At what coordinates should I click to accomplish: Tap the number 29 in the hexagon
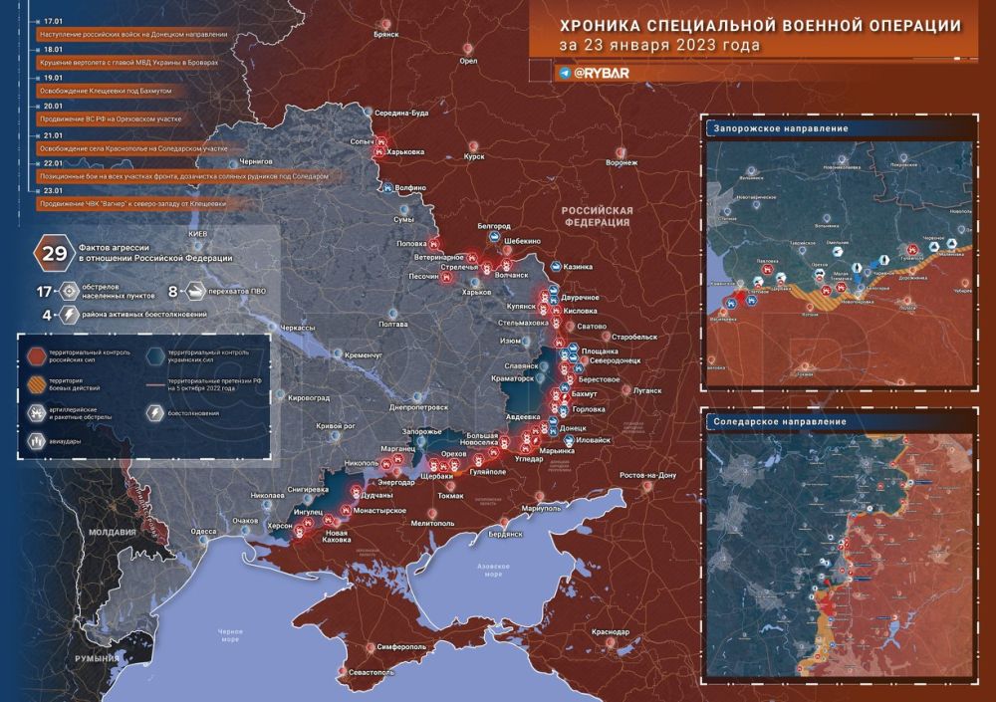(x=48, y=253)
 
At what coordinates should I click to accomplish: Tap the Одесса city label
(x=204, y=532)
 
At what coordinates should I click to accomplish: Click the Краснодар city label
(x=610, y=632)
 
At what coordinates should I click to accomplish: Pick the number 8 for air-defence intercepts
(x=172, y=292)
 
